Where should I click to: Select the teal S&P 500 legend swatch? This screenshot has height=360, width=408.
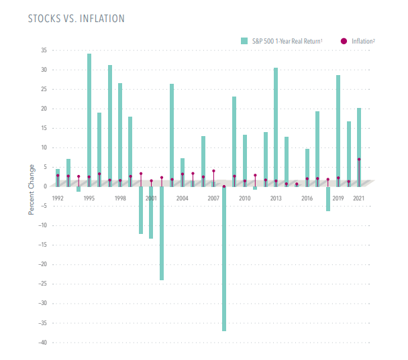click(245, 42)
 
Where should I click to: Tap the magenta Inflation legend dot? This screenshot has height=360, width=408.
click(344, 42)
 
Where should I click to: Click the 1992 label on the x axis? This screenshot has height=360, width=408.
click(58, 198)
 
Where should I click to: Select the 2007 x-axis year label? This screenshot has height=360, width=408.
click(213, 198)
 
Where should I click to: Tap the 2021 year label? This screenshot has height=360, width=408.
click(359, 198)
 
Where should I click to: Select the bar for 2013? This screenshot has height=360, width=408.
click(276, 127)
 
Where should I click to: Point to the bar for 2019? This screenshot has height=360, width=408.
click(338, 130)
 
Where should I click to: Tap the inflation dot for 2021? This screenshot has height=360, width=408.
click(359, 160)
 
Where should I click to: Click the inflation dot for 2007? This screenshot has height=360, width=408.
click(213, 171)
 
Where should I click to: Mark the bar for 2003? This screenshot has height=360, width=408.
click(172, 135)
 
